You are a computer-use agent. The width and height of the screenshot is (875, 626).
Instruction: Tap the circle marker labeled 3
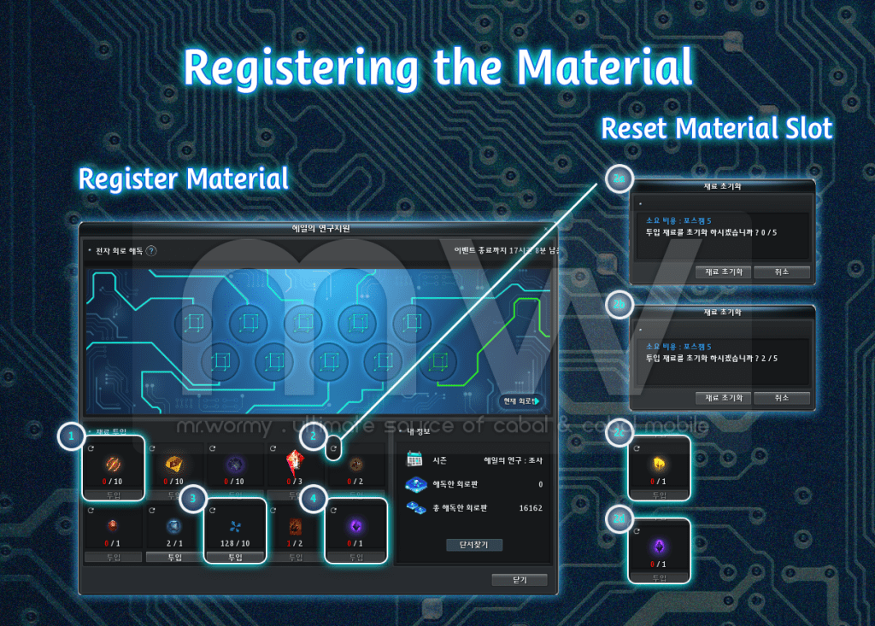tap(194, 497)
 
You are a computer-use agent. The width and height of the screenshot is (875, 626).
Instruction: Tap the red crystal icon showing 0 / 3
tap(295, 465)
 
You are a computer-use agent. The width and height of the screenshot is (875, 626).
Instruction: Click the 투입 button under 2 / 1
tap(174, 557)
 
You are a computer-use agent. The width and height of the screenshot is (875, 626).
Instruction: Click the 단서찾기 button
tap(473, 545)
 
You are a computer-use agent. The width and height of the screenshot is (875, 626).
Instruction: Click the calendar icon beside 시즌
tap(415, 459)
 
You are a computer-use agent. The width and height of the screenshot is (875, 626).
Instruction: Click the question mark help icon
tap(151, 251)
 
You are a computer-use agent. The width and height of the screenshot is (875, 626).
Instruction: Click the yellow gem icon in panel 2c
tap(659, 465)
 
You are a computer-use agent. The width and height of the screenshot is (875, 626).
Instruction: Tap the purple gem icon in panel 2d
tap(659, 547)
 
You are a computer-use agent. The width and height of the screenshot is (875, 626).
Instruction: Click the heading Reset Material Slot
tap(716, 129)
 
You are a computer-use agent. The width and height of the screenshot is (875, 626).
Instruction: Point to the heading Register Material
tap(183, 178)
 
